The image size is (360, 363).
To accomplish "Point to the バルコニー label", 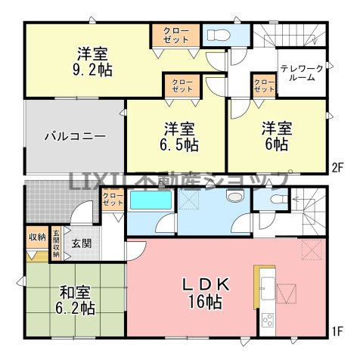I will coord(74,137).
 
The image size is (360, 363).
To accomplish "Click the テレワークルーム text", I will coord(302,73).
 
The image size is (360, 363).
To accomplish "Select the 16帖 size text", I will coord(204,302).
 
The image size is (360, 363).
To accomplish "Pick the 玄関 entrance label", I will coord(81,244).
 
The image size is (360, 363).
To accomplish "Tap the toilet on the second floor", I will coord(216,34).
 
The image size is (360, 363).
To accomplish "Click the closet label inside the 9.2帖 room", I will coord(175,35).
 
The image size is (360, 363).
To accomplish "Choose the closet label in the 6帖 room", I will coord(264,85).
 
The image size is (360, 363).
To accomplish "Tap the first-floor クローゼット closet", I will coord(113,200).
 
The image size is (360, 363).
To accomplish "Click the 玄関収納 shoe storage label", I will coord(57,244).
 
